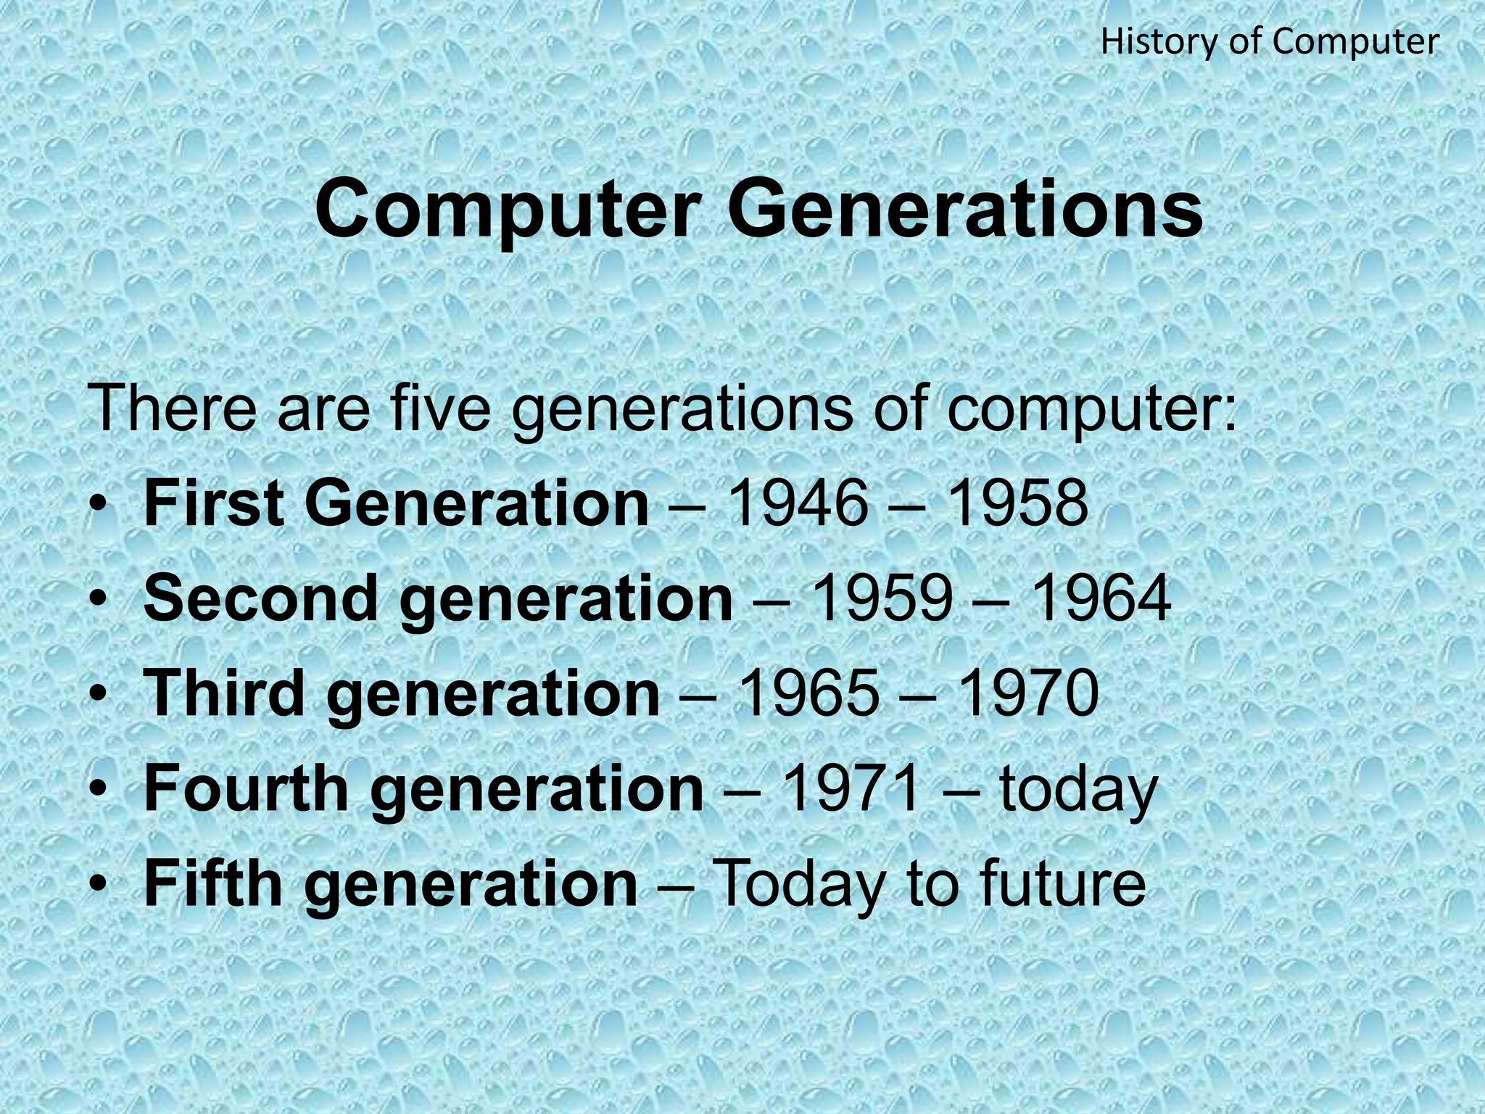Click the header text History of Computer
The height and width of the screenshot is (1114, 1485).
[1270, 42]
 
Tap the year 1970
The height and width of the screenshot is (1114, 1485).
[1028, 693]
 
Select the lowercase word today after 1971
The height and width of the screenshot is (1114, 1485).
[1077, 791]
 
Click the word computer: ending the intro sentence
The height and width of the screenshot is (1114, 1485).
[1092, 410]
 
